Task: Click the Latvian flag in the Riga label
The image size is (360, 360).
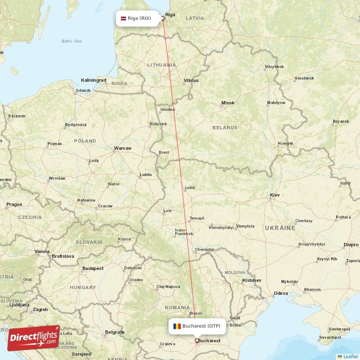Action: pos(123,18)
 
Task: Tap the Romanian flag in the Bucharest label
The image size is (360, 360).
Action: pos(177,326)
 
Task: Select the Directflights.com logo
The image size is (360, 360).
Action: pos(33,338)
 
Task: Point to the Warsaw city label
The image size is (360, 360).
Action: pos(122,148)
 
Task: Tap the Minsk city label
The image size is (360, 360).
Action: pos(228,103)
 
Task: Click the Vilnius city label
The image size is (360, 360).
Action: pos(191,81)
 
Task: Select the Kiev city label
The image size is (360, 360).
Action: pos(274,195)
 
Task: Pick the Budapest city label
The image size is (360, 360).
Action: pos(93,268)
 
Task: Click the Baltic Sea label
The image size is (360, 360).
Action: pos(72,41)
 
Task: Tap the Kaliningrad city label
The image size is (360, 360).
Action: pos(94,80)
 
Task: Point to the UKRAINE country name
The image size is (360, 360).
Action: pos(280,228)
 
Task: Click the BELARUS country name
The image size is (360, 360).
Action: pos(225,128)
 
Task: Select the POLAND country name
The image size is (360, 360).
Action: pos(85,141)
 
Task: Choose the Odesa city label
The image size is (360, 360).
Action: pos(280,293)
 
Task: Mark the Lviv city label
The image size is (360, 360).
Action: pos(167,211)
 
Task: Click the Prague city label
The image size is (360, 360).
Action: pos(14,204)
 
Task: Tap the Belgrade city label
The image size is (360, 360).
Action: pos(114,332)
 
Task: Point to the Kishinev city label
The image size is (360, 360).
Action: pos(252,280)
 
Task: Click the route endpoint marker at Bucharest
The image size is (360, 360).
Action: pos(197,341)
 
